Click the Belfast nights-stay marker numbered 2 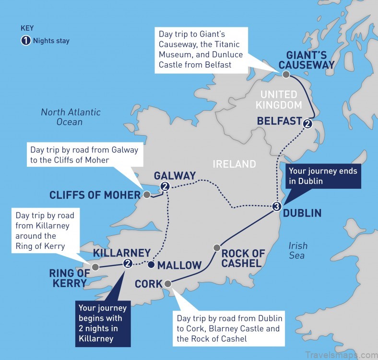pyautogui.click(x=307, y=124)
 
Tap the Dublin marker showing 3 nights pyautogui.click(x=276, y=207)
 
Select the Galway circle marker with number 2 pyautogui.click(x=165, y=186)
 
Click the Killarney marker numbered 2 pyautogui.click(x=128, y=263)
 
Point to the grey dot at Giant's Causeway pyautogui.click(x=286, y=74)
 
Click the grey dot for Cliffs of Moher pyautogui.click(x=147, y=195)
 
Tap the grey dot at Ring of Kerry pyautogui.click(x=95, y=267)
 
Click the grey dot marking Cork pyautogui.click(x=167, y=284)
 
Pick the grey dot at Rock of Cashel pyautogui.click(x=216, y=248)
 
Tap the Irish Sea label pyautogui.click(x=297, y=250)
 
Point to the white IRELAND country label pyautogui.click(x=235, y=164)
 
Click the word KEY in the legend pyautogui.click(x=27, y=28)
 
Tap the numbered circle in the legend pyautogui.click(x=25, y=40)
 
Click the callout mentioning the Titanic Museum pyautogui.click(x=201, y=50)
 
